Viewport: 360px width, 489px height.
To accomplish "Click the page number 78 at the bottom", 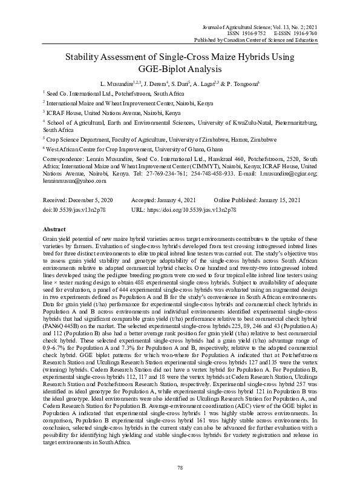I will coord(180,467).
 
